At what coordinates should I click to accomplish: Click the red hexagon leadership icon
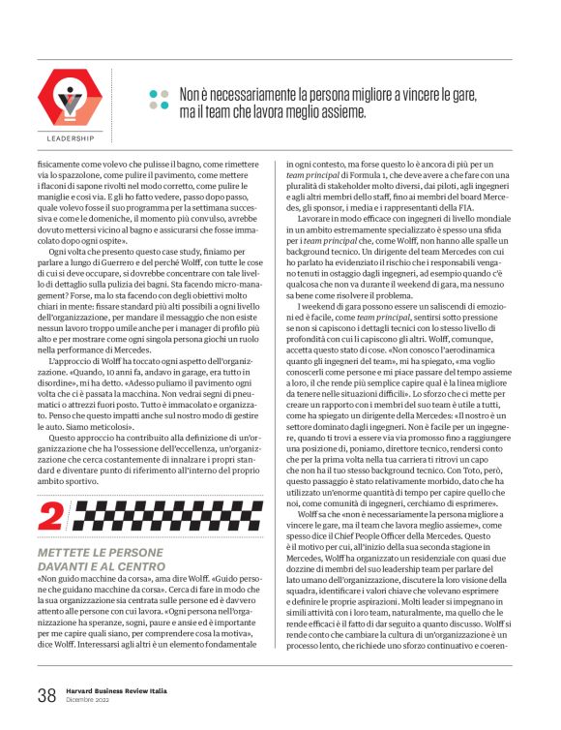69,99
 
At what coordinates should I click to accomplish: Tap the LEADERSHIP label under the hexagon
70,138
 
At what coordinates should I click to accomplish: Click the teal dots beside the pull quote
159,98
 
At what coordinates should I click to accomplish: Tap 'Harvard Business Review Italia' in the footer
118,688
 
